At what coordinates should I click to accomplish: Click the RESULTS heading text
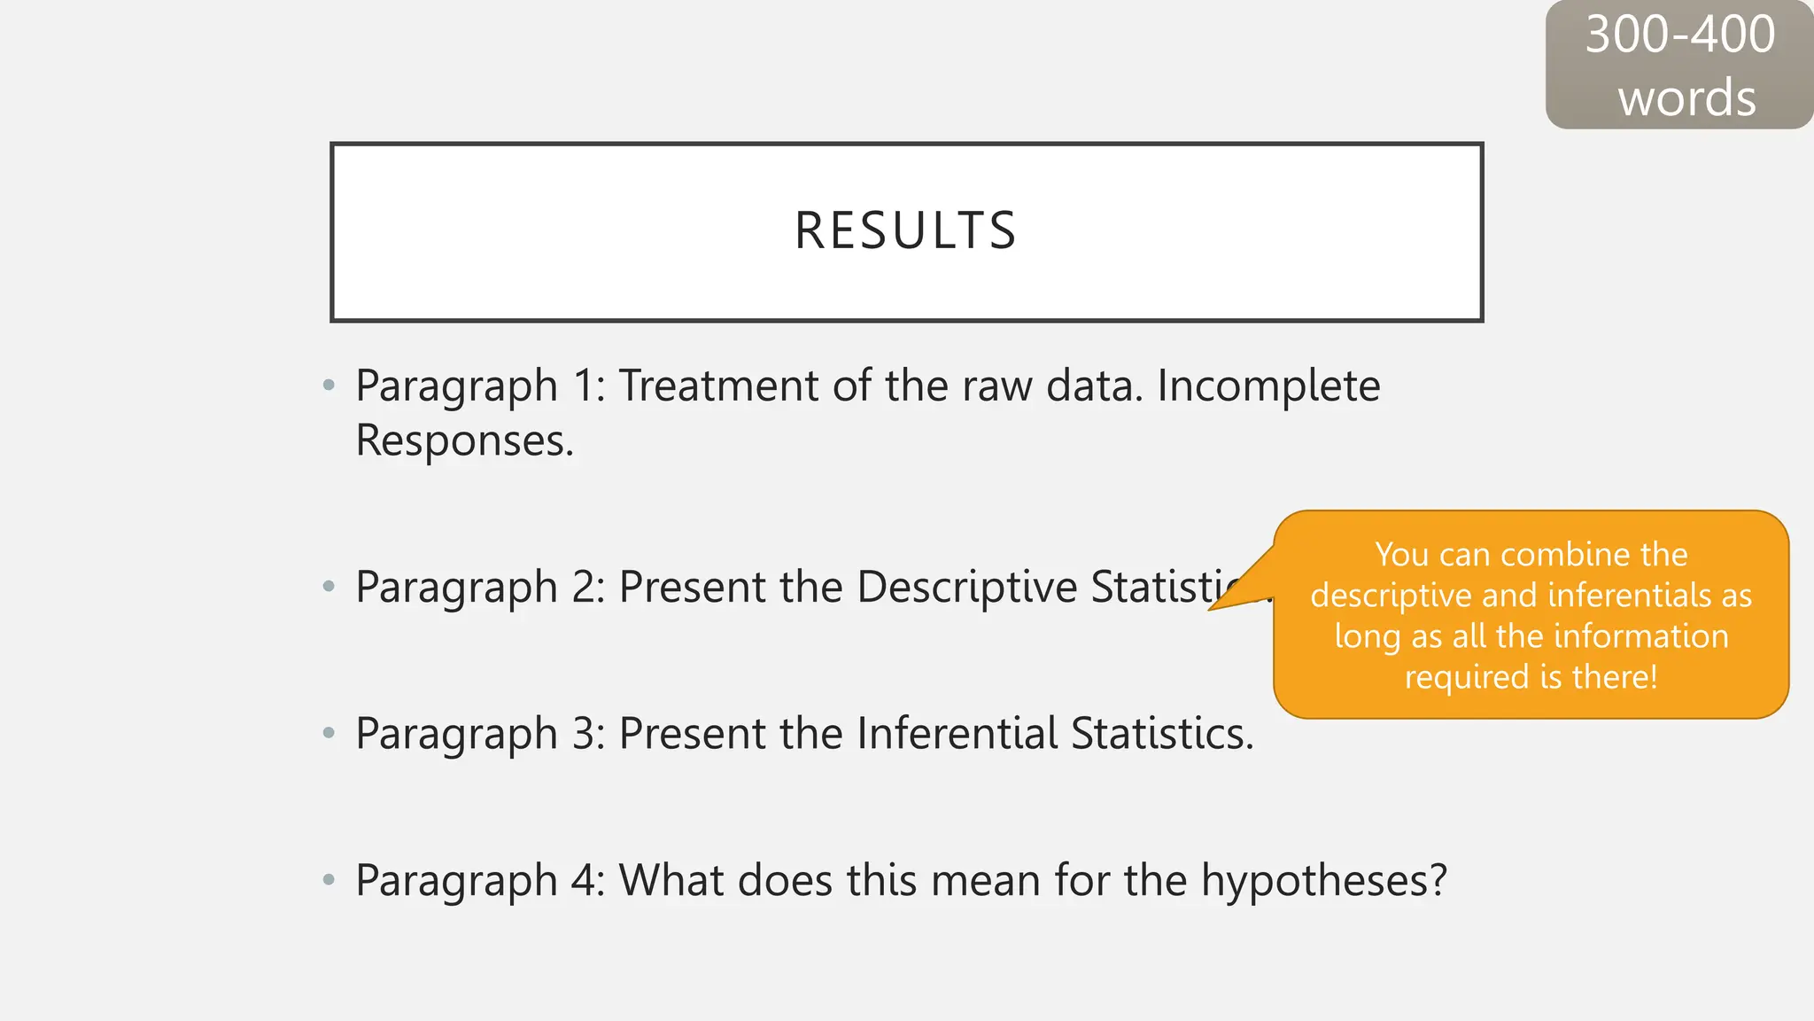pyautogui.click(x=905, y=231)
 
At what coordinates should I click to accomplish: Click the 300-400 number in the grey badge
pyautogui.click(x=1679, y=35)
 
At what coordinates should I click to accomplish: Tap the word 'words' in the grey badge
pyautogui.click(x=1686, y=97)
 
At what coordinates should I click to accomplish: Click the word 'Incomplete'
pyautogui.click(x=1268, y=386)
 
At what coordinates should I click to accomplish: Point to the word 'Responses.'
pyautogui.click(x=464, y=440)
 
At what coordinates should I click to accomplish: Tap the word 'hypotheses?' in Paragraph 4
pyautogui.click(x=1323, y=881)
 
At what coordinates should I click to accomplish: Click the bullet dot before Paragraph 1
pyautogui.click(x=329, y=386)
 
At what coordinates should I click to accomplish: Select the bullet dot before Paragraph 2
pyautogui.click(x=329, y=586)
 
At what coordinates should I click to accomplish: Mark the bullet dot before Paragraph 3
pyautogui.click(x=329, y=733)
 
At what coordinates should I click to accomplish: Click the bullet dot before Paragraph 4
pyautogui.click(x=329, y=880)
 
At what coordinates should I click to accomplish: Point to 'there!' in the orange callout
pyautogui.click(x=1614, y=677)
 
